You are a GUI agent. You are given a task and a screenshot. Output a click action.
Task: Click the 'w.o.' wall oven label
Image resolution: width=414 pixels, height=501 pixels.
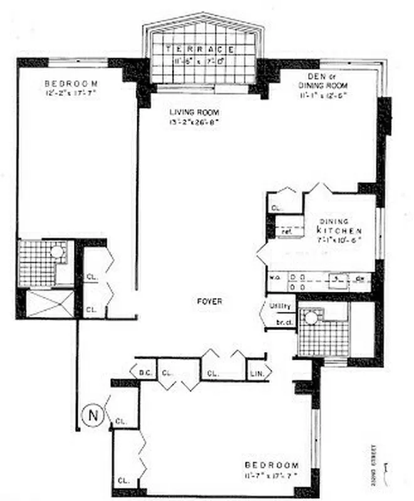pyautogui.click(x=274, y=277)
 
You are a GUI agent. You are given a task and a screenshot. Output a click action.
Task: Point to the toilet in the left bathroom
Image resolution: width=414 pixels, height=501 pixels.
pyautogui.click(x=57, y=252)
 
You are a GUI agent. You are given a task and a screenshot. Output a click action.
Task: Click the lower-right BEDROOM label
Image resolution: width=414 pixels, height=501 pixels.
pyautogui.click(x=267, y=465)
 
